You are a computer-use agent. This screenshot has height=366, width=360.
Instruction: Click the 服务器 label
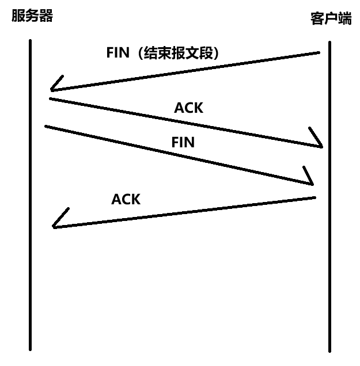32,16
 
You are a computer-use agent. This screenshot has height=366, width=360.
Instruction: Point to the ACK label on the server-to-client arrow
188,108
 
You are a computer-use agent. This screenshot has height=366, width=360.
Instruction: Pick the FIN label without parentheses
183,142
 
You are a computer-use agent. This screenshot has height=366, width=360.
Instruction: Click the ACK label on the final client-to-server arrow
126,199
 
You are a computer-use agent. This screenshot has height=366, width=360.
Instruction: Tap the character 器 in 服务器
46,16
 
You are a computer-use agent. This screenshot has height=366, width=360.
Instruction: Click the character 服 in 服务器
18,16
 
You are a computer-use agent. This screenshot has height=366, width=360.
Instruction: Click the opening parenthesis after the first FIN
138,52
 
